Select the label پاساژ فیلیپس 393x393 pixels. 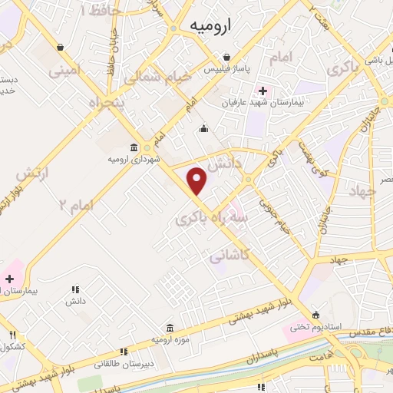(x=228, y=69)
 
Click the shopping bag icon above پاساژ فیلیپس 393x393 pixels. (x=227, y=57)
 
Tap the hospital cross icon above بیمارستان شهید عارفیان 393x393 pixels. (x=263, y=91)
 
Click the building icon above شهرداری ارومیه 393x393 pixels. (x=134, y=147)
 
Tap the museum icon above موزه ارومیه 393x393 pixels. (x=170, y=326)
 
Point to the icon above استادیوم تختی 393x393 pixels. (x=316, y=315)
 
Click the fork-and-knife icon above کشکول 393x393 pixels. (x=12, y=334)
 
